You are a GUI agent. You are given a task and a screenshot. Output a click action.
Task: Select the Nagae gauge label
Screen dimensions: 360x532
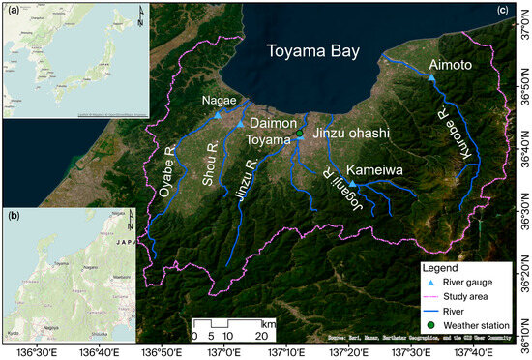pyautogui.click(x=219, y=100)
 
